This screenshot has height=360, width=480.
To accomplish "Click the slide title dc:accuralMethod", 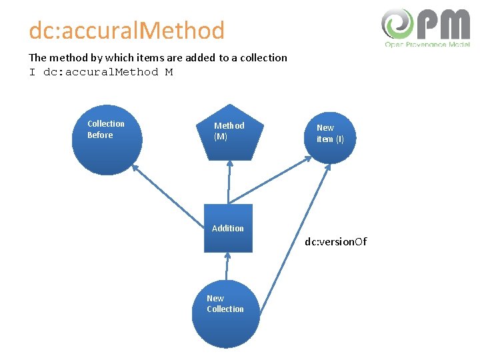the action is tap(127, 31).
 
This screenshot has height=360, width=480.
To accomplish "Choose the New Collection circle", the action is tap(225, 313).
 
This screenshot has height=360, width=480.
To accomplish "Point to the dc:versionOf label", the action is tap(335, 241).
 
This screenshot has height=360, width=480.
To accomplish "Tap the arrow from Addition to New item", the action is tap(269, 181).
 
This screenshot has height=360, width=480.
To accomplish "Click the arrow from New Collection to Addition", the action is tap(227, 267).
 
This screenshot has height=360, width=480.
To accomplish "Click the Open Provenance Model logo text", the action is tap(427, 44).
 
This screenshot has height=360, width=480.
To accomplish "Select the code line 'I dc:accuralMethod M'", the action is tap(101, 72).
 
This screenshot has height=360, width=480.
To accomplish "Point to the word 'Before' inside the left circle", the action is tap(100, 135).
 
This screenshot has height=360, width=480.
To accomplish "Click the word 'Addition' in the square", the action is tap(228, 228).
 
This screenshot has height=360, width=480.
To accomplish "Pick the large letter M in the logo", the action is tap(457, 25).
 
